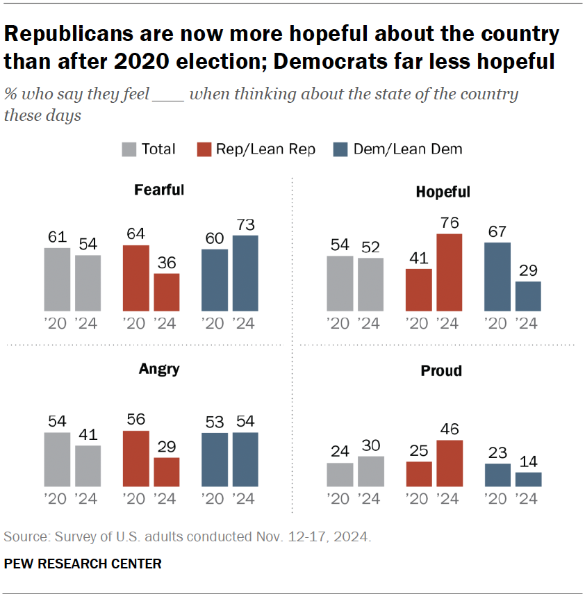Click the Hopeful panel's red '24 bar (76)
(450, 272)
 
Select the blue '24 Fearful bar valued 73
(245, 273)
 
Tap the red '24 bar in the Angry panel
(167, 472)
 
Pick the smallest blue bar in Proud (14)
(528, 479)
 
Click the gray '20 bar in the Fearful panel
(57, 279)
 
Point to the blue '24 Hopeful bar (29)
(528, 296)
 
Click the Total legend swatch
(129, 149)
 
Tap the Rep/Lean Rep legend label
(265, 149)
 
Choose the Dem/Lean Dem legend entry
(407, 149)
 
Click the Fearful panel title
(159, 190)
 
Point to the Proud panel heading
(441, 371)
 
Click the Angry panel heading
(159, 369)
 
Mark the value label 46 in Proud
(450, 428)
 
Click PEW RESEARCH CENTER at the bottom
(83, 564)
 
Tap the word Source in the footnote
(22, 537)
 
